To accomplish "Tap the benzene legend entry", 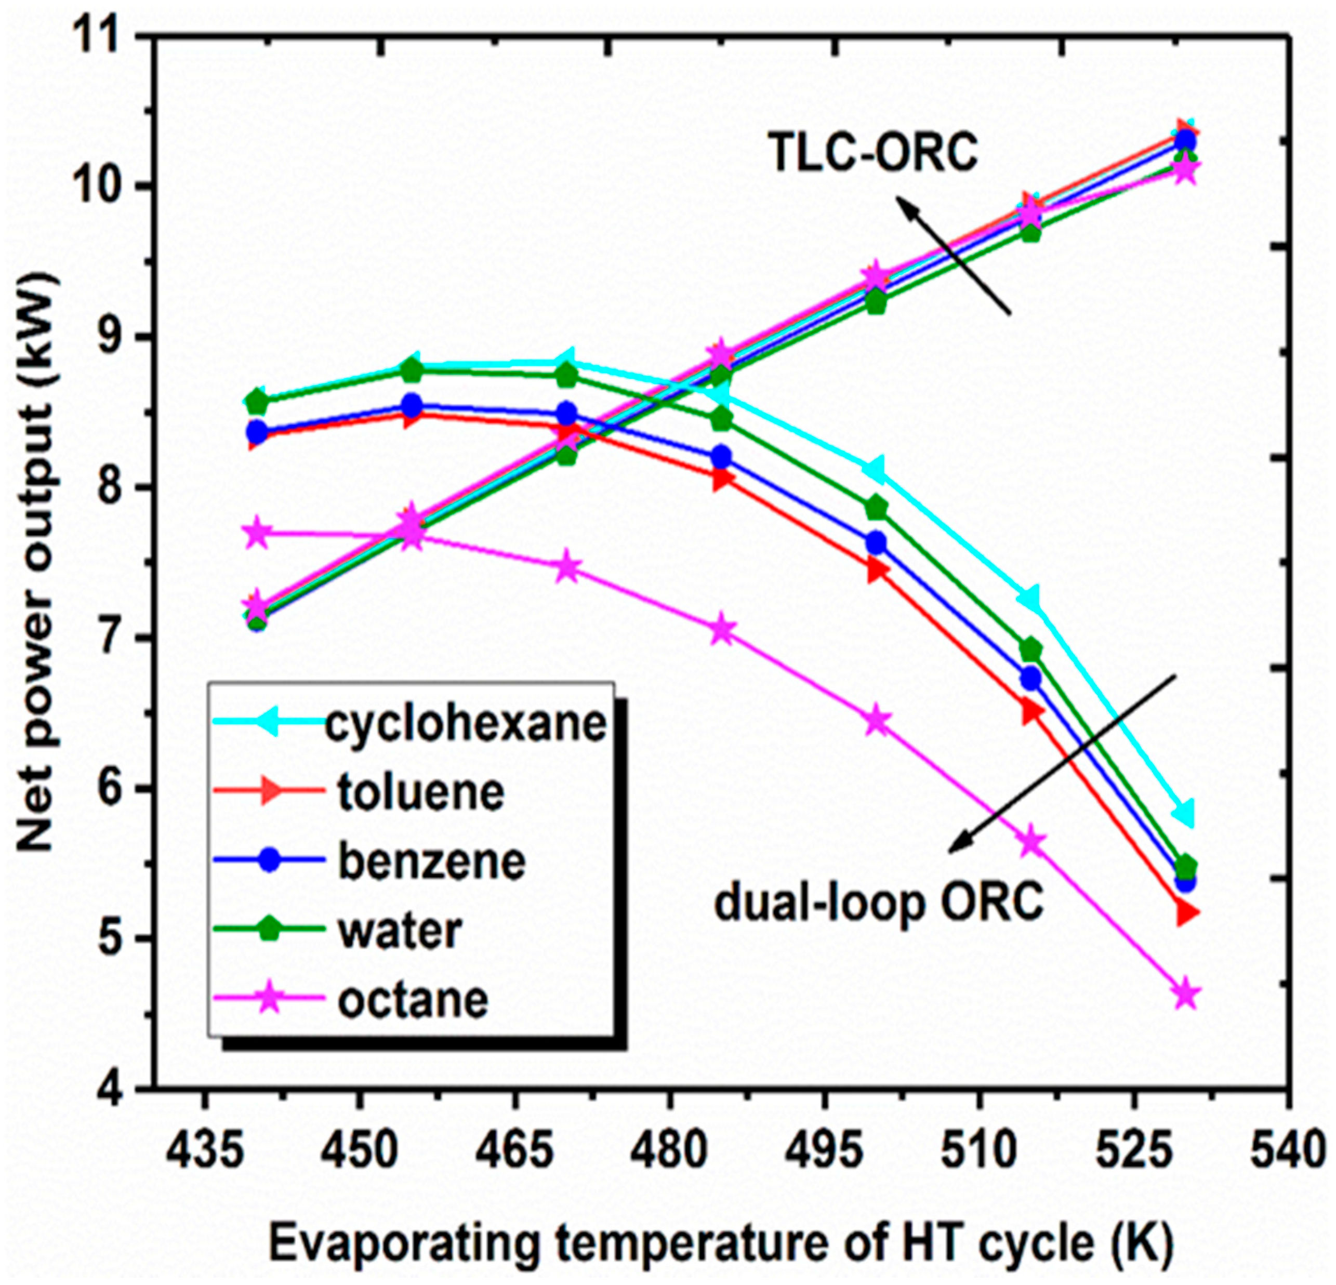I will (431, 861).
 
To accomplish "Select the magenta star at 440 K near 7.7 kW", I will (257, 533).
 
